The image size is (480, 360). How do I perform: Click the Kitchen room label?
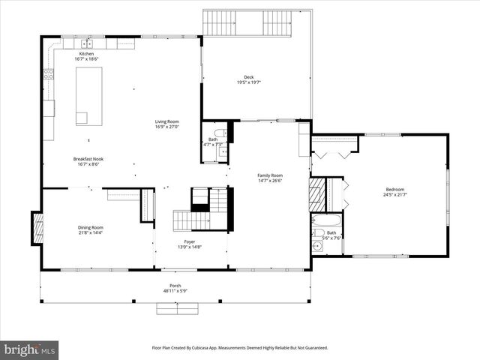[87, 55]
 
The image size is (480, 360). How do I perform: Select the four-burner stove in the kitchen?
[49, 73]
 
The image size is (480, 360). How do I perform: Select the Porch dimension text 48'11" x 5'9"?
[175, 291]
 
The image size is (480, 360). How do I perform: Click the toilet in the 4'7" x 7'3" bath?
[220, 133]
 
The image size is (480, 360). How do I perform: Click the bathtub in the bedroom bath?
[326, 223]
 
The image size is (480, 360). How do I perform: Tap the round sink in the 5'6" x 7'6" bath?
[317, 244]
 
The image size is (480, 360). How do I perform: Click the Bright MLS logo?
[30, 349]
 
